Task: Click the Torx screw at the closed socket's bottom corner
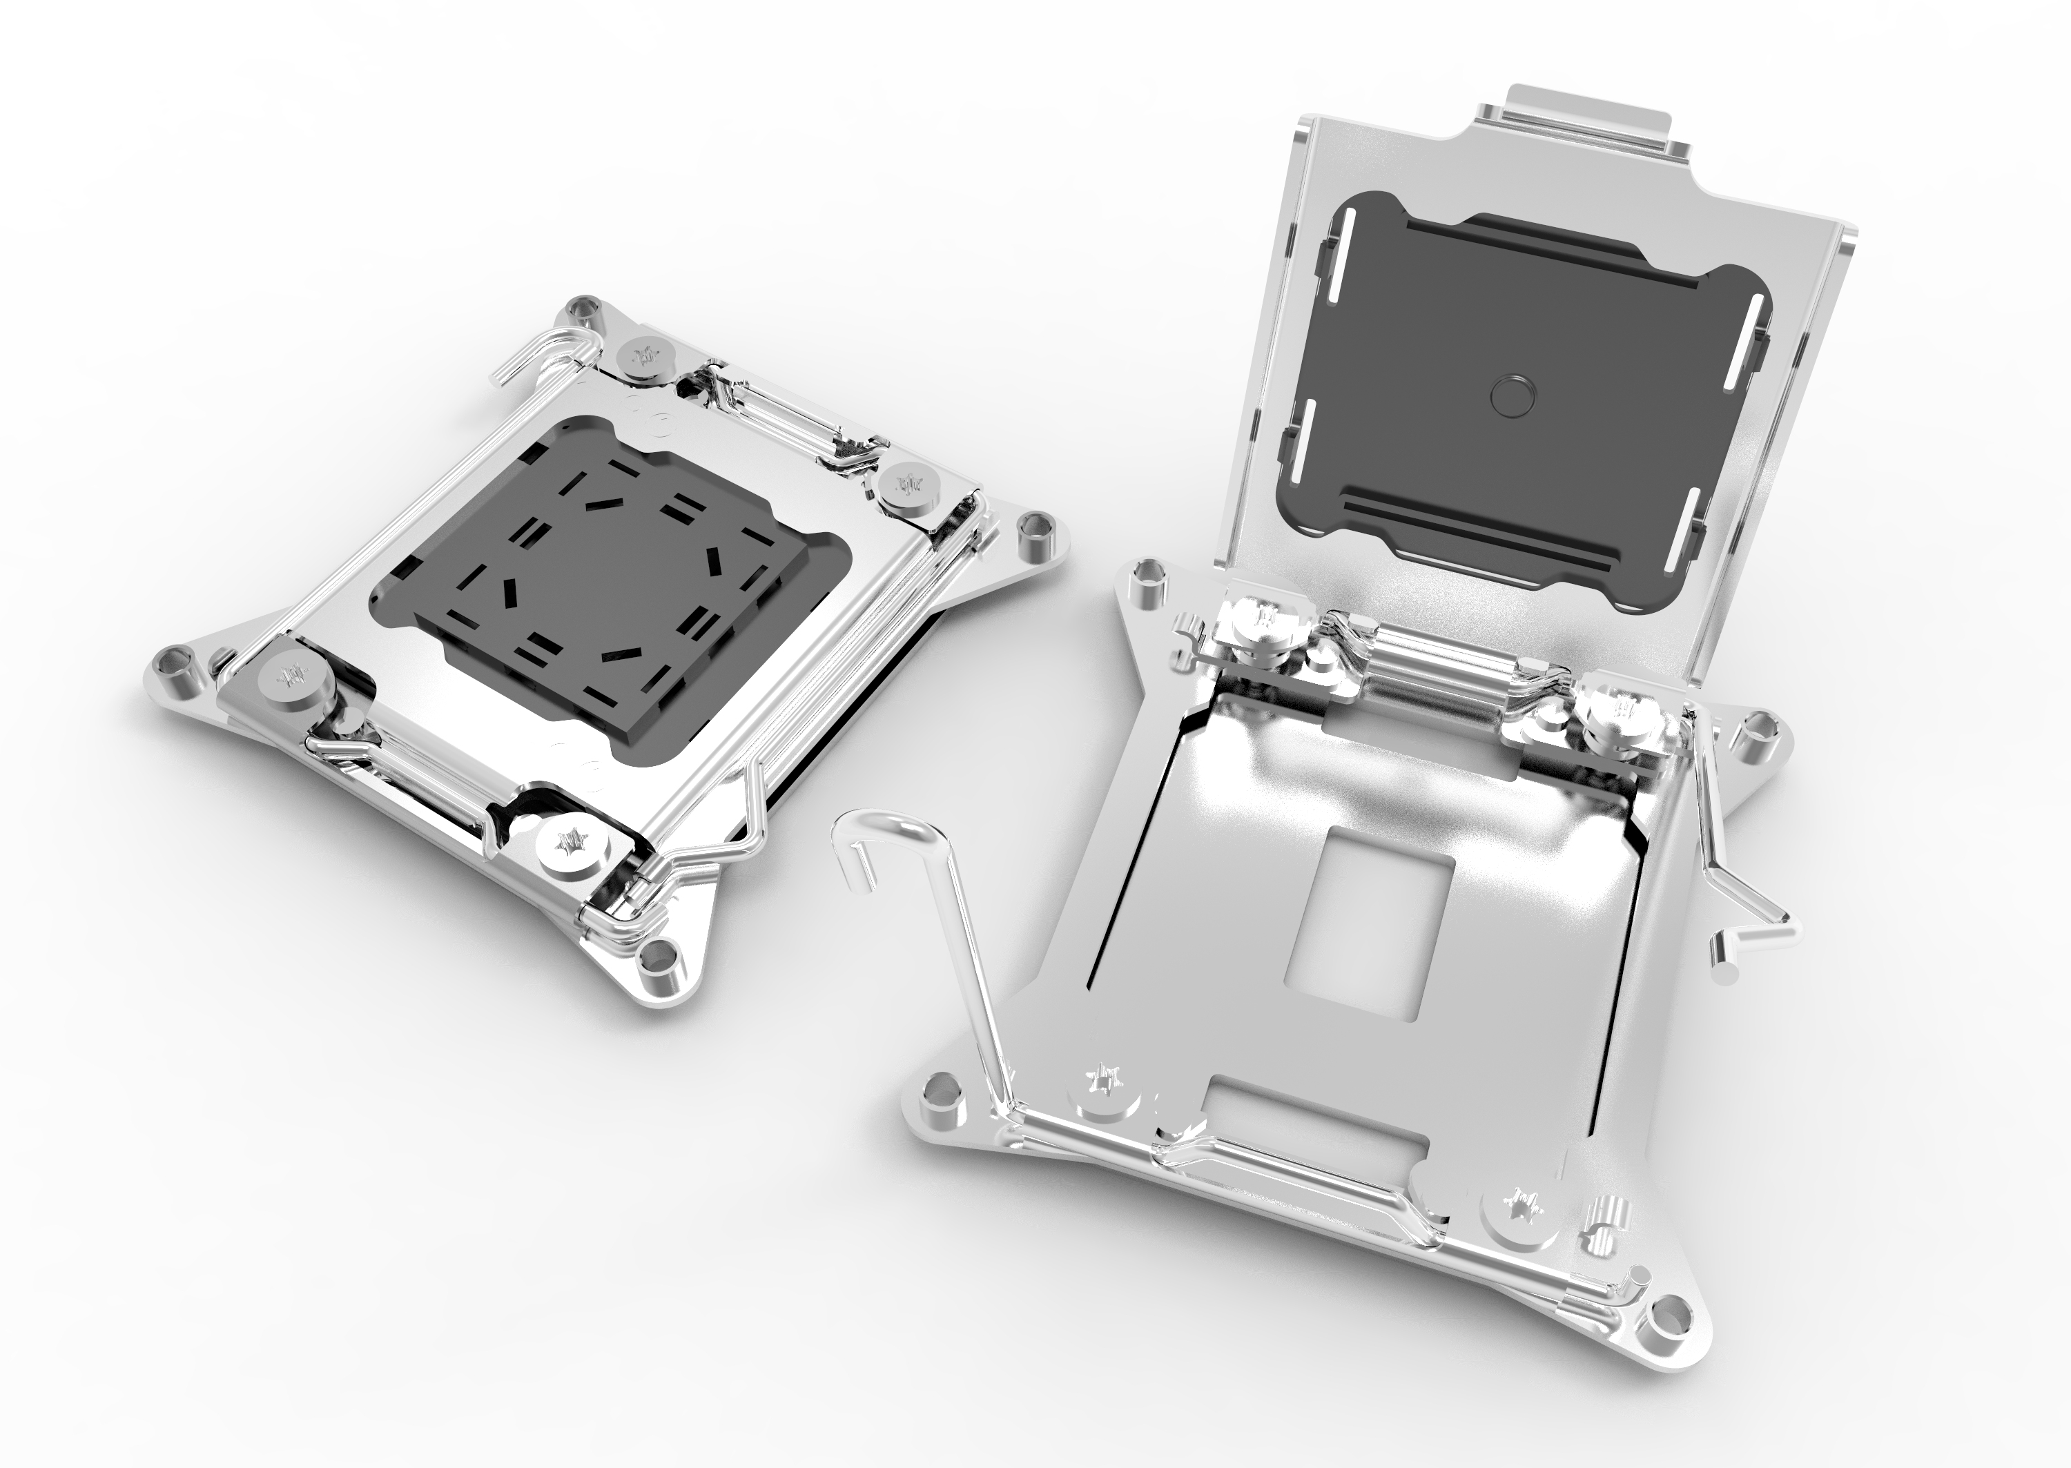pyautogui.click(x=572, y=848)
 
